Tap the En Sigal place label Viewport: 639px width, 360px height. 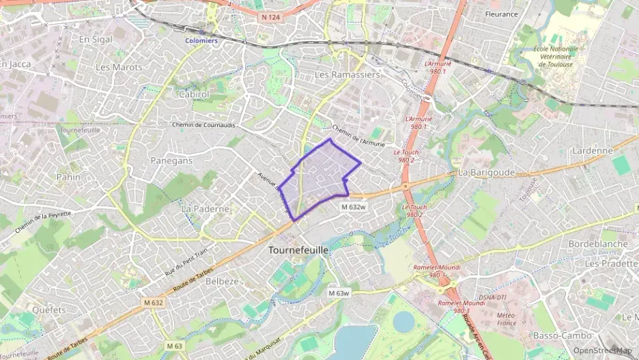[x=96, y=40]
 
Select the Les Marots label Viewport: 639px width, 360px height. [x=119, y=67]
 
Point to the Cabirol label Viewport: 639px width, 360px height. [x=194, y=95]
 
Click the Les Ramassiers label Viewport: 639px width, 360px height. [x=347, y=74]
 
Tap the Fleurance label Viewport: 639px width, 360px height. [x=501, y=14]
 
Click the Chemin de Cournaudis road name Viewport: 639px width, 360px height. [x=203, y=125]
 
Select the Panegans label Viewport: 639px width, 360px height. [x=170, y=161]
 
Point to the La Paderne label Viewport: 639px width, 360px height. [x=205, y=208]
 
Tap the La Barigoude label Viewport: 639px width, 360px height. [x=486, y=173]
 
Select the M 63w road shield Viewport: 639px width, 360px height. [x=338, y=293]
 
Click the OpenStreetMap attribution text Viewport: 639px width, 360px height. [x=602, y=350]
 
